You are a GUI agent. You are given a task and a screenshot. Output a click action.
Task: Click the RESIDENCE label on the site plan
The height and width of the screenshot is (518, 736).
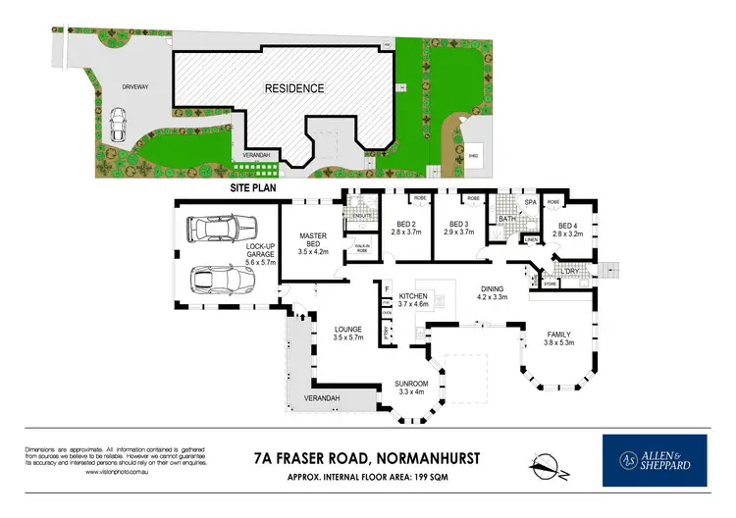click(293, 88)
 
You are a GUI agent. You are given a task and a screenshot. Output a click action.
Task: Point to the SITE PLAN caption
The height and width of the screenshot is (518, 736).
click(252, 185)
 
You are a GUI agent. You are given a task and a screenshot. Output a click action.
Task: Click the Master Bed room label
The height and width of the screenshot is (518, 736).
click(313, 241)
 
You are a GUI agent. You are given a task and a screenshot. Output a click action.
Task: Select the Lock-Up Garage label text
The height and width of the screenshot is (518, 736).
click(260, 255)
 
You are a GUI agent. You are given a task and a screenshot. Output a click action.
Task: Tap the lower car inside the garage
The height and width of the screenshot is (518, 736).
click(215, 281)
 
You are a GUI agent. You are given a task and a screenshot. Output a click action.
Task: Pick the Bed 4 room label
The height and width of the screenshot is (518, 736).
click(567, 230)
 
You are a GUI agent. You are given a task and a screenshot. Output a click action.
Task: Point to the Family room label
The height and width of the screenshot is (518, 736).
click(558, 338)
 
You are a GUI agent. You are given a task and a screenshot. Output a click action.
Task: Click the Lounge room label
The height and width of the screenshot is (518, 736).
click(347, 333)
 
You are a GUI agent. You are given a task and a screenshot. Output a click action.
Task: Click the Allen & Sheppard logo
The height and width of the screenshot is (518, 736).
click(654, 458)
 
